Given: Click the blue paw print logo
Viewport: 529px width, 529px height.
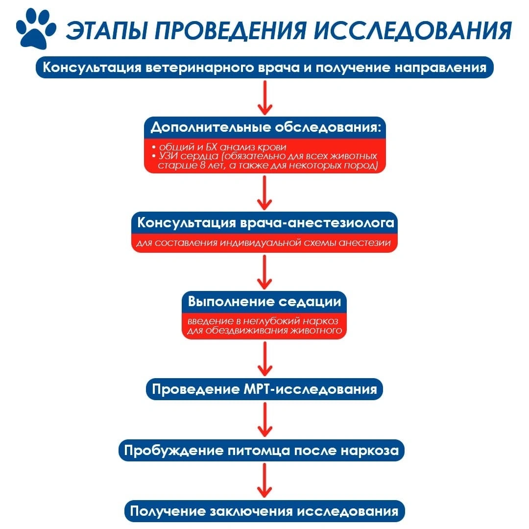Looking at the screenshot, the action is (x=36, y=29).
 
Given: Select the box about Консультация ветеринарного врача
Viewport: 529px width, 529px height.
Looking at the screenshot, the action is (x=264, y=68).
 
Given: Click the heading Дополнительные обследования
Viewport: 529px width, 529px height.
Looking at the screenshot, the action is (x=265, y=127).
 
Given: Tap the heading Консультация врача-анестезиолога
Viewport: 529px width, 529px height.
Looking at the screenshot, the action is (x=266, y=223).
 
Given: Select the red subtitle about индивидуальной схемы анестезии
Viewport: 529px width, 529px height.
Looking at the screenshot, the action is (x=264, y=243).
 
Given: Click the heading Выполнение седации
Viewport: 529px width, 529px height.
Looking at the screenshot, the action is (x=264, y=301).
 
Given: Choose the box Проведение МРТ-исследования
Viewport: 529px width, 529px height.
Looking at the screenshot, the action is (x=264, y=389).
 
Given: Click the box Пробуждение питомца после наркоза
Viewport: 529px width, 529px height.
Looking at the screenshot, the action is (x=262, y=451).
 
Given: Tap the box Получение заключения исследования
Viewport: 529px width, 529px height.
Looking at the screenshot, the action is (x=264, y=511).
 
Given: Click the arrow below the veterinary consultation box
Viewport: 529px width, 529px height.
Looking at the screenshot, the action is (x=265, y=98).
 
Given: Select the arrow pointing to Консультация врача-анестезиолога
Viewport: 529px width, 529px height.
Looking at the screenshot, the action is (x=265, y=193).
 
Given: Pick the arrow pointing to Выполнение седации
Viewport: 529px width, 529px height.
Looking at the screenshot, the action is (x=265, y=272).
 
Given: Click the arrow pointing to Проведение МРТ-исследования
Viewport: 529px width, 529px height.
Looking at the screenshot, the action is (x=265, y=359).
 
